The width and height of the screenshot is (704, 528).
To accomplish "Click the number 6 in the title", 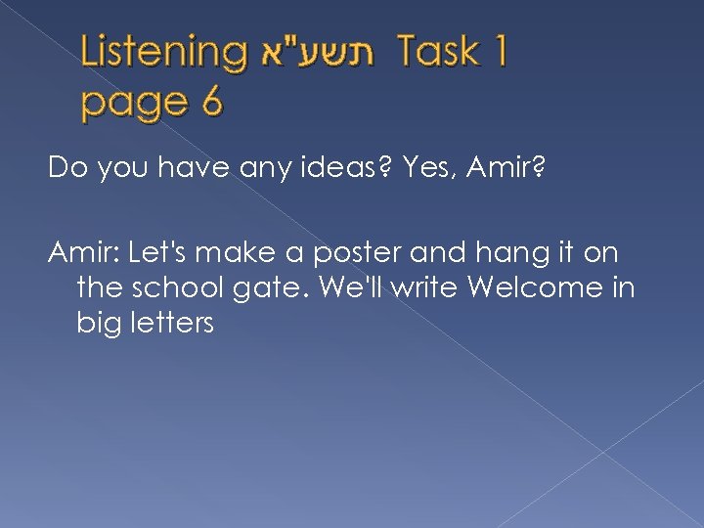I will [210, 100].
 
